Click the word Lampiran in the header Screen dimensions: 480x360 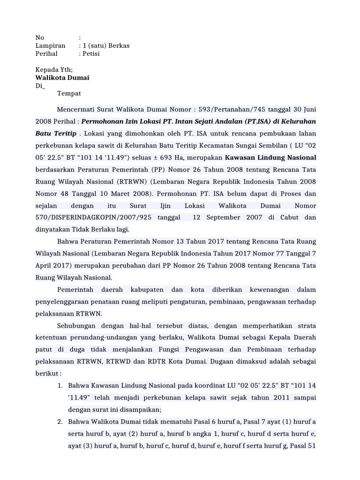[x=51, y=45]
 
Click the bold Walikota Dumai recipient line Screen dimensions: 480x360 [x=62, y=78]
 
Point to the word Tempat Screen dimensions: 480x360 [x=69, y=93]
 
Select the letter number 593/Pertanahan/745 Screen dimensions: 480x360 [x=224, y=109]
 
